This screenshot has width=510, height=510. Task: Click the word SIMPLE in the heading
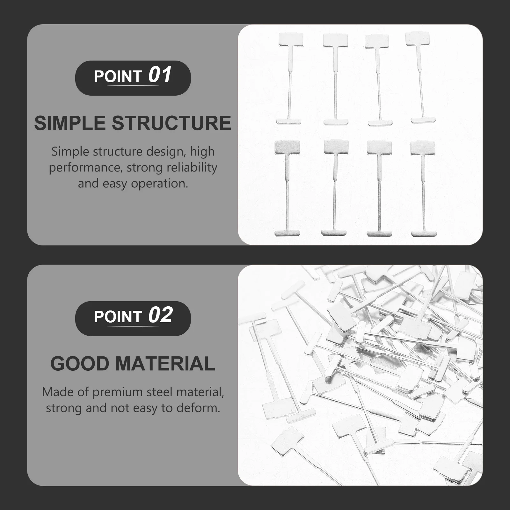pos(69,123)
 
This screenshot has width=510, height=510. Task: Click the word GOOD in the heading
pos(79,364)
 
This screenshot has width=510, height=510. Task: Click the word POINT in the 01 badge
pos(118,76)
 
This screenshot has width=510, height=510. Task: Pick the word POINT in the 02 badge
pos(118,317)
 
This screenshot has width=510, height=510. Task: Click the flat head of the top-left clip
pos(290,40)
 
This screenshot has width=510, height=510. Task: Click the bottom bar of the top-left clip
pos(288,121)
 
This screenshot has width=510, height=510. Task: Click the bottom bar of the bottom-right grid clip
pos(423,233)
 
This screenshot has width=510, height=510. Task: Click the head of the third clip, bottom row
pos(379,148)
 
